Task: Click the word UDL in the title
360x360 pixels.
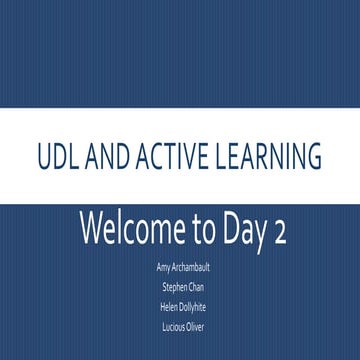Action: click(x=56, y=157)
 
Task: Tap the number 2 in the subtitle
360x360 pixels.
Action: click(x=279, y=231)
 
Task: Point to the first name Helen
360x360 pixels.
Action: click(x=166, y=306)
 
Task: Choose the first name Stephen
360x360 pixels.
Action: click(x=173, y=288)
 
